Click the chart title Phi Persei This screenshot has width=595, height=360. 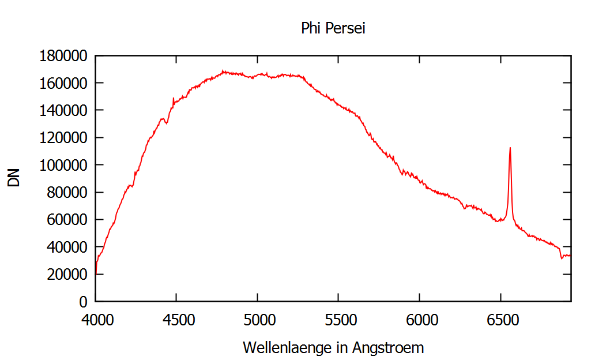pos(333,28)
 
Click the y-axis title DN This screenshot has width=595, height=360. pos(14,178)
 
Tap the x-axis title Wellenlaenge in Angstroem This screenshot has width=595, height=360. pos(333,348)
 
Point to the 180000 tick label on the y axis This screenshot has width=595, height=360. pos(63,56)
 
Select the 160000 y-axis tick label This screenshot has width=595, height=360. pos(63,83)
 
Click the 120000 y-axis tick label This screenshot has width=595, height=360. pos(63,138)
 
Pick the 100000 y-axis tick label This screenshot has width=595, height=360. pos(63,165)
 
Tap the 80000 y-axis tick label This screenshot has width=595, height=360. pos(66,193)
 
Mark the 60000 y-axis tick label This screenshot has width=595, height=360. pos(66,220)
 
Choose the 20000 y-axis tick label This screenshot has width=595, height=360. pos(66,275)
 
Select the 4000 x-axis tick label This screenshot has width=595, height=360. pos(96,319)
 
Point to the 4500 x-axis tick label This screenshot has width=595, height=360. pos(176,319)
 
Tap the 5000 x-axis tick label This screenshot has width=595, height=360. pos(257,319)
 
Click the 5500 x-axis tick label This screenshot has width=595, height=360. pos(338,319)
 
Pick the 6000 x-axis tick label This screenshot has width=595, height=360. pos(419,319)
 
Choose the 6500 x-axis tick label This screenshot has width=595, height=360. pos(500,319)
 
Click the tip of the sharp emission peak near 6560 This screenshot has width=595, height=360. pos(510,148)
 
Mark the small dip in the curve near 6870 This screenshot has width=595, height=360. pos(562,258)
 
